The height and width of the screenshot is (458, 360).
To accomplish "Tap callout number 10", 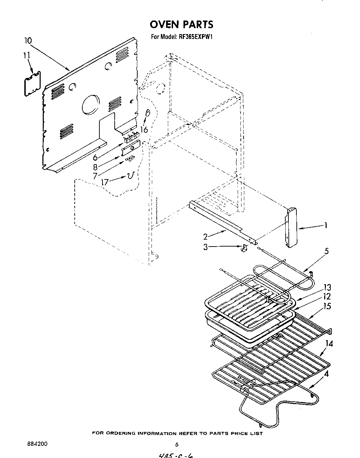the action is (28, 41).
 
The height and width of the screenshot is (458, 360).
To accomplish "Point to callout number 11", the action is (26, 56).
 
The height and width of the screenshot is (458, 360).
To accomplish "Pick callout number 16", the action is (144, 129).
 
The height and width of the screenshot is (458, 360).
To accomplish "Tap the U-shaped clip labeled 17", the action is (130, 176).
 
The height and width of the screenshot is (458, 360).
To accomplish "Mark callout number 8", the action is (95, 167).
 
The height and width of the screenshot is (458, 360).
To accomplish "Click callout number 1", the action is (326, 225).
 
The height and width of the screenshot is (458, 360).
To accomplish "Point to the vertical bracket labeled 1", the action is (292, 228).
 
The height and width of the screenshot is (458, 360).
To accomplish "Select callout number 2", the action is (205, 237).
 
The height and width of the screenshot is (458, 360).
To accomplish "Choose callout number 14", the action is (329, 344).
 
